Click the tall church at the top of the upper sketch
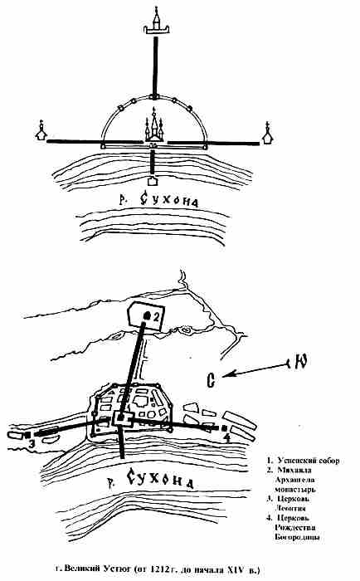point(157,22)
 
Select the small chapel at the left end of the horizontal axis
point(41,131)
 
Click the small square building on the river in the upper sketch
point(152,181)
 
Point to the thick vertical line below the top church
point(155,66)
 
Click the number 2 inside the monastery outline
point(156,316)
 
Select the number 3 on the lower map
point(32,442)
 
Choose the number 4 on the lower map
point(226,437)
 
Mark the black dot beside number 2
point(147,315)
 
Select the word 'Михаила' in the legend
point(294,471)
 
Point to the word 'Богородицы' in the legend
point(298,537)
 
